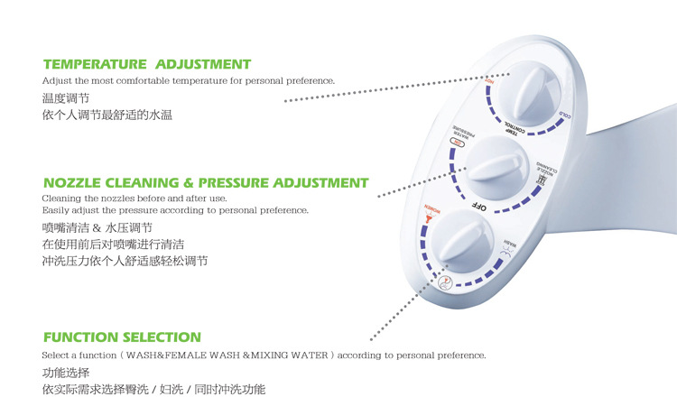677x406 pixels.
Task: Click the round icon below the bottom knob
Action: tap(445, 282)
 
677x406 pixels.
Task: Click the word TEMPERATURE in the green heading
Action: tap(95, 64)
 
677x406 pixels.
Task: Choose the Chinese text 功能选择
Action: tap(66, 372)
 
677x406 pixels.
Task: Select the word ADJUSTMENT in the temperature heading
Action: tap(203, 64)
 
